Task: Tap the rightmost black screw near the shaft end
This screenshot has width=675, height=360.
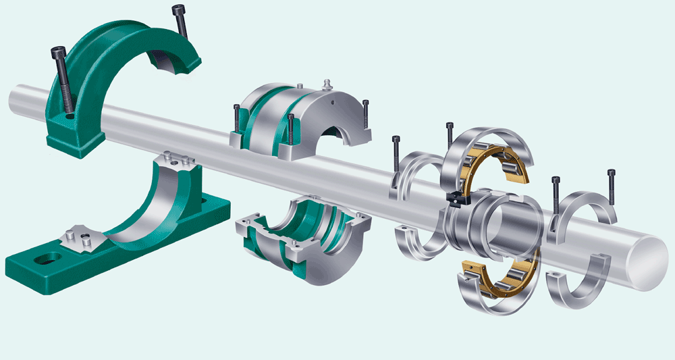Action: tap(612, 186)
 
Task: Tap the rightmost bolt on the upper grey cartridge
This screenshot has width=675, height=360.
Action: tap(365, 115)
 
